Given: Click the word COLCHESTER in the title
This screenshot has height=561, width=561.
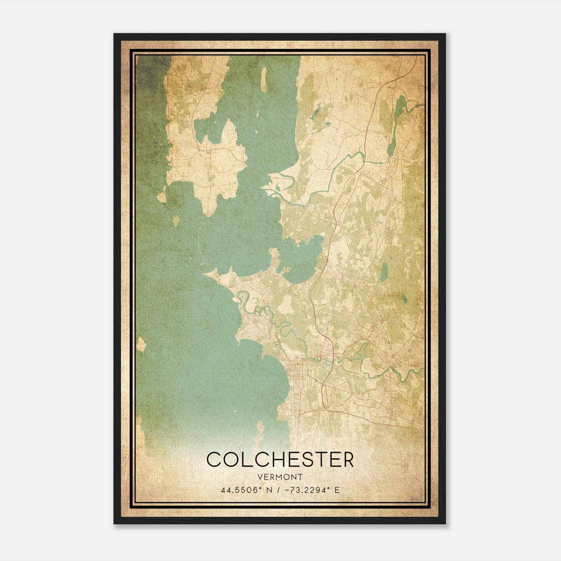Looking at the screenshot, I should (280, 459).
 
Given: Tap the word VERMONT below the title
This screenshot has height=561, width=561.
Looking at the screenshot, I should (280, 477).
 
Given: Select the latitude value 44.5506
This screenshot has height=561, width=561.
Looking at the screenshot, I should (238, 490).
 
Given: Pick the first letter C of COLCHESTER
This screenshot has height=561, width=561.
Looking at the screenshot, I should (214, 459).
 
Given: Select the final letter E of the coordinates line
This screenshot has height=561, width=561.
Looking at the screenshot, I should (337, 490).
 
